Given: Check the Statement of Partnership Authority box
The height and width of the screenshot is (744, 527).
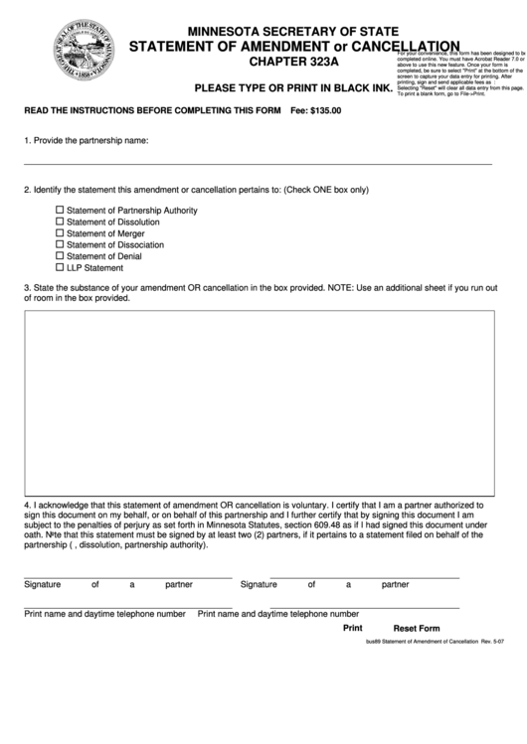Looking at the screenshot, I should pos(60,210).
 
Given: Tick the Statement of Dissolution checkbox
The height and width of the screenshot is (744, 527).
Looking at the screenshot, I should pos(60,222).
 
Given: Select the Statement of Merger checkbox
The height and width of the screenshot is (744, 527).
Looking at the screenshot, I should pos(60,233).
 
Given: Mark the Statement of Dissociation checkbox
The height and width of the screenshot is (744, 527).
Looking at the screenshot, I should pos(60,244).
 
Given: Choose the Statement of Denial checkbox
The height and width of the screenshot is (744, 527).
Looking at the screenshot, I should pos(60,256).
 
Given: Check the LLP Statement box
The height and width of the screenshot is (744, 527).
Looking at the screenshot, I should pos(60,267).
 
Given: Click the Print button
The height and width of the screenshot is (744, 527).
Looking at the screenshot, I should pos(353,628).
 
